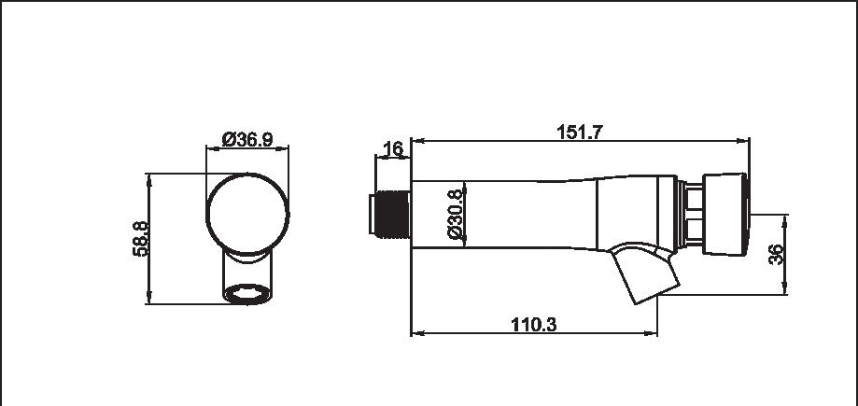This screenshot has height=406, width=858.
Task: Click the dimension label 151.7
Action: pos(579,132)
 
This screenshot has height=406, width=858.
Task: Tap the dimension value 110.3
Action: pos(533,325)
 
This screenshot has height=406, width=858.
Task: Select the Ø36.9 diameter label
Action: pos(247,139)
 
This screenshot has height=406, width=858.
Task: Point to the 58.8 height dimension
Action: pos(140,239)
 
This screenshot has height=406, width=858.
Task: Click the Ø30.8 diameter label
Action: pos(456,215)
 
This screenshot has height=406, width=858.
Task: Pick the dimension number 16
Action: pos(393,148)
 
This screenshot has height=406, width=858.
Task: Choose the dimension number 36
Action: pos(776,255)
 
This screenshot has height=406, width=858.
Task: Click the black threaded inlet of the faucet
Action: pos(390,215)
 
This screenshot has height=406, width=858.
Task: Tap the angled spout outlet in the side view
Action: pos(644,273)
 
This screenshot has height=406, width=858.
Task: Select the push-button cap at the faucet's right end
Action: pos(725,214)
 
